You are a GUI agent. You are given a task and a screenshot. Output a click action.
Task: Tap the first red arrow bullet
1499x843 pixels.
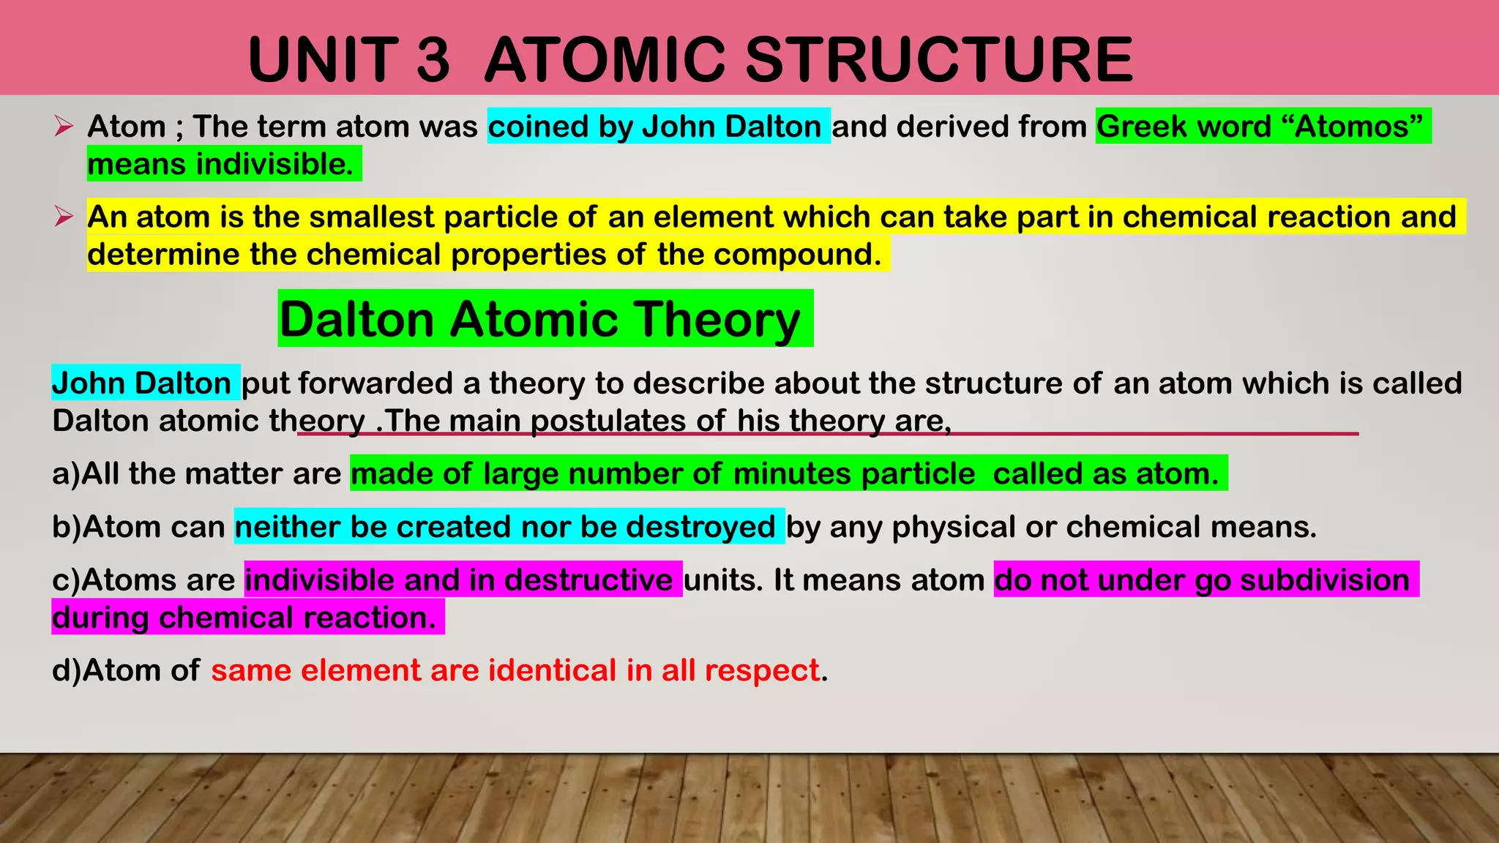pos(64,127)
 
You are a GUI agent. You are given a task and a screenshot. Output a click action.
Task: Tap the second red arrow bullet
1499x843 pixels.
pos(64,217)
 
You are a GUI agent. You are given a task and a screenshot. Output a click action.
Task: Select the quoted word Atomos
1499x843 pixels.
pos(1353,127)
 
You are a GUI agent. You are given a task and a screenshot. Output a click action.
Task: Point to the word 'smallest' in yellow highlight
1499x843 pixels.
pos(371,217)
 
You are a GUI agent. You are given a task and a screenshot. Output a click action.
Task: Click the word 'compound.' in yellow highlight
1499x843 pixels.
pos(797,255)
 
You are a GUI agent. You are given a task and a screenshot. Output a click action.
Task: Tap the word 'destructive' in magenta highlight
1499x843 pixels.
pos(588,580)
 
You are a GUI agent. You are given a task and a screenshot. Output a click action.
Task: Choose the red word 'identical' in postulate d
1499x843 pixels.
pos(553,670)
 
